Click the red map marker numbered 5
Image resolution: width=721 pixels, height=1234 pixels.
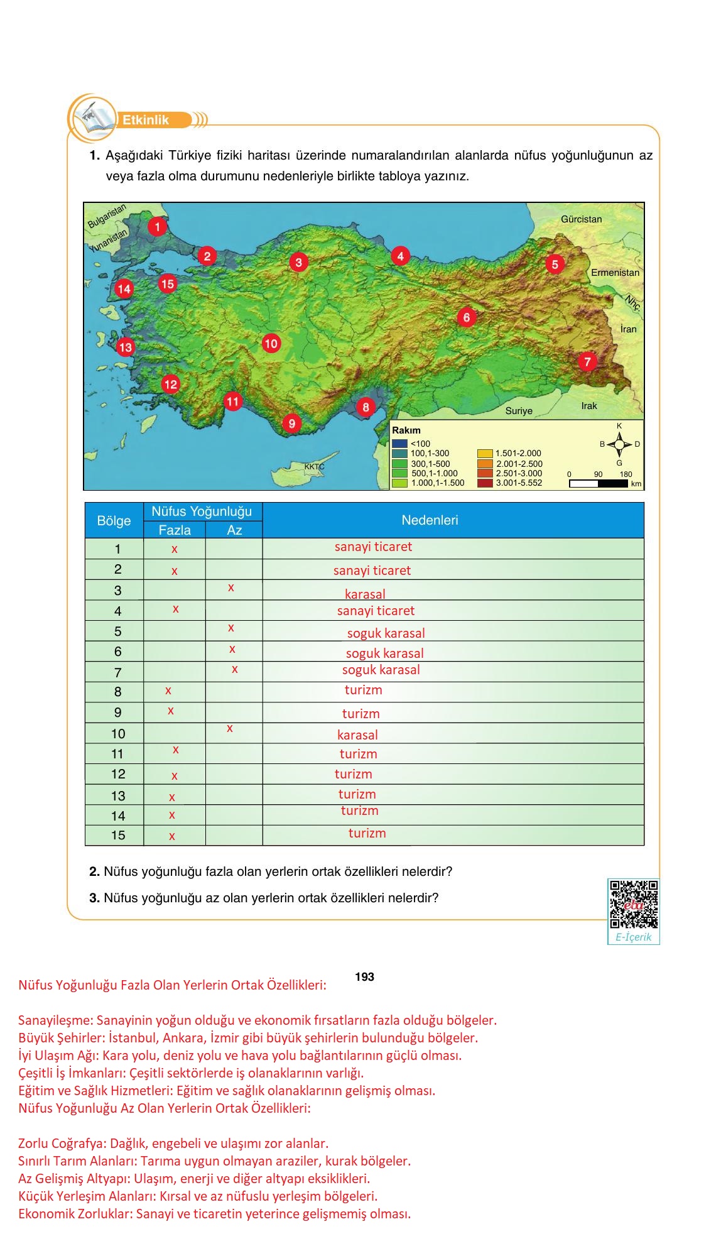click(x=555, y=264)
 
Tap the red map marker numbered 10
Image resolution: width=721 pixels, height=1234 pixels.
click(x=271, y=343)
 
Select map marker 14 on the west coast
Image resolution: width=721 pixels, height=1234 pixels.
click(x=124, y=288)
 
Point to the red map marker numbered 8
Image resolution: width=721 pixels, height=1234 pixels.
click(x=366, y=407)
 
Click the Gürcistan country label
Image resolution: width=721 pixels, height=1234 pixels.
click(x=581, y=219)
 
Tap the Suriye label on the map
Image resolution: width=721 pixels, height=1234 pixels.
click(x=519, y=411)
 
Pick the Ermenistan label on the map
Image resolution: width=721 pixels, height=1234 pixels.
click(x=615, y=273)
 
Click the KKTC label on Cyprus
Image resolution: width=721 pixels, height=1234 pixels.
click(x=314, y=467)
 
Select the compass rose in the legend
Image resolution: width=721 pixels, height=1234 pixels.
click(x=619, y=444)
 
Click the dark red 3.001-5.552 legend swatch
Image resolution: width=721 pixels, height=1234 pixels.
click(x=484, y=483)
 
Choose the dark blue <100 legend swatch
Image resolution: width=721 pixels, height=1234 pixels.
click(x=399, y=444)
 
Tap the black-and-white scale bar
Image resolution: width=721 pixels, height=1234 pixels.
click(x=598, y=484)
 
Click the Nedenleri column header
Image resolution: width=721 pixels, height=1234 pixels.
click(x=430, y=520)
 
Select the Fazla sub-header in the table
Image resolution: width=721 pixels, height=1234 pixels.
click(x=175, y=530)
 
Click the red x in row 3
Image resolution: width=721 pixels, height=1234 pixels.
click(x=231, y=588)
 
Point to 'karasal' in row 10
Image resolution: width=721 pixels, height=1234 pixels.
click(x=357, y=734)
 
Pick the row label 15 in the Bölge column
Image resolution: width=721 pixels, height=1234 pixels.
click(x=118, y=835)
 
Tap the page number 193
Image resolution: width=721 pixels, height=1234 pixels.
click(x=364, y=976)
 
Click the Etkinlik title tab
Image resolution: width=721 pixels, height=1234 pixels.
click(x=146, y=120)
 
